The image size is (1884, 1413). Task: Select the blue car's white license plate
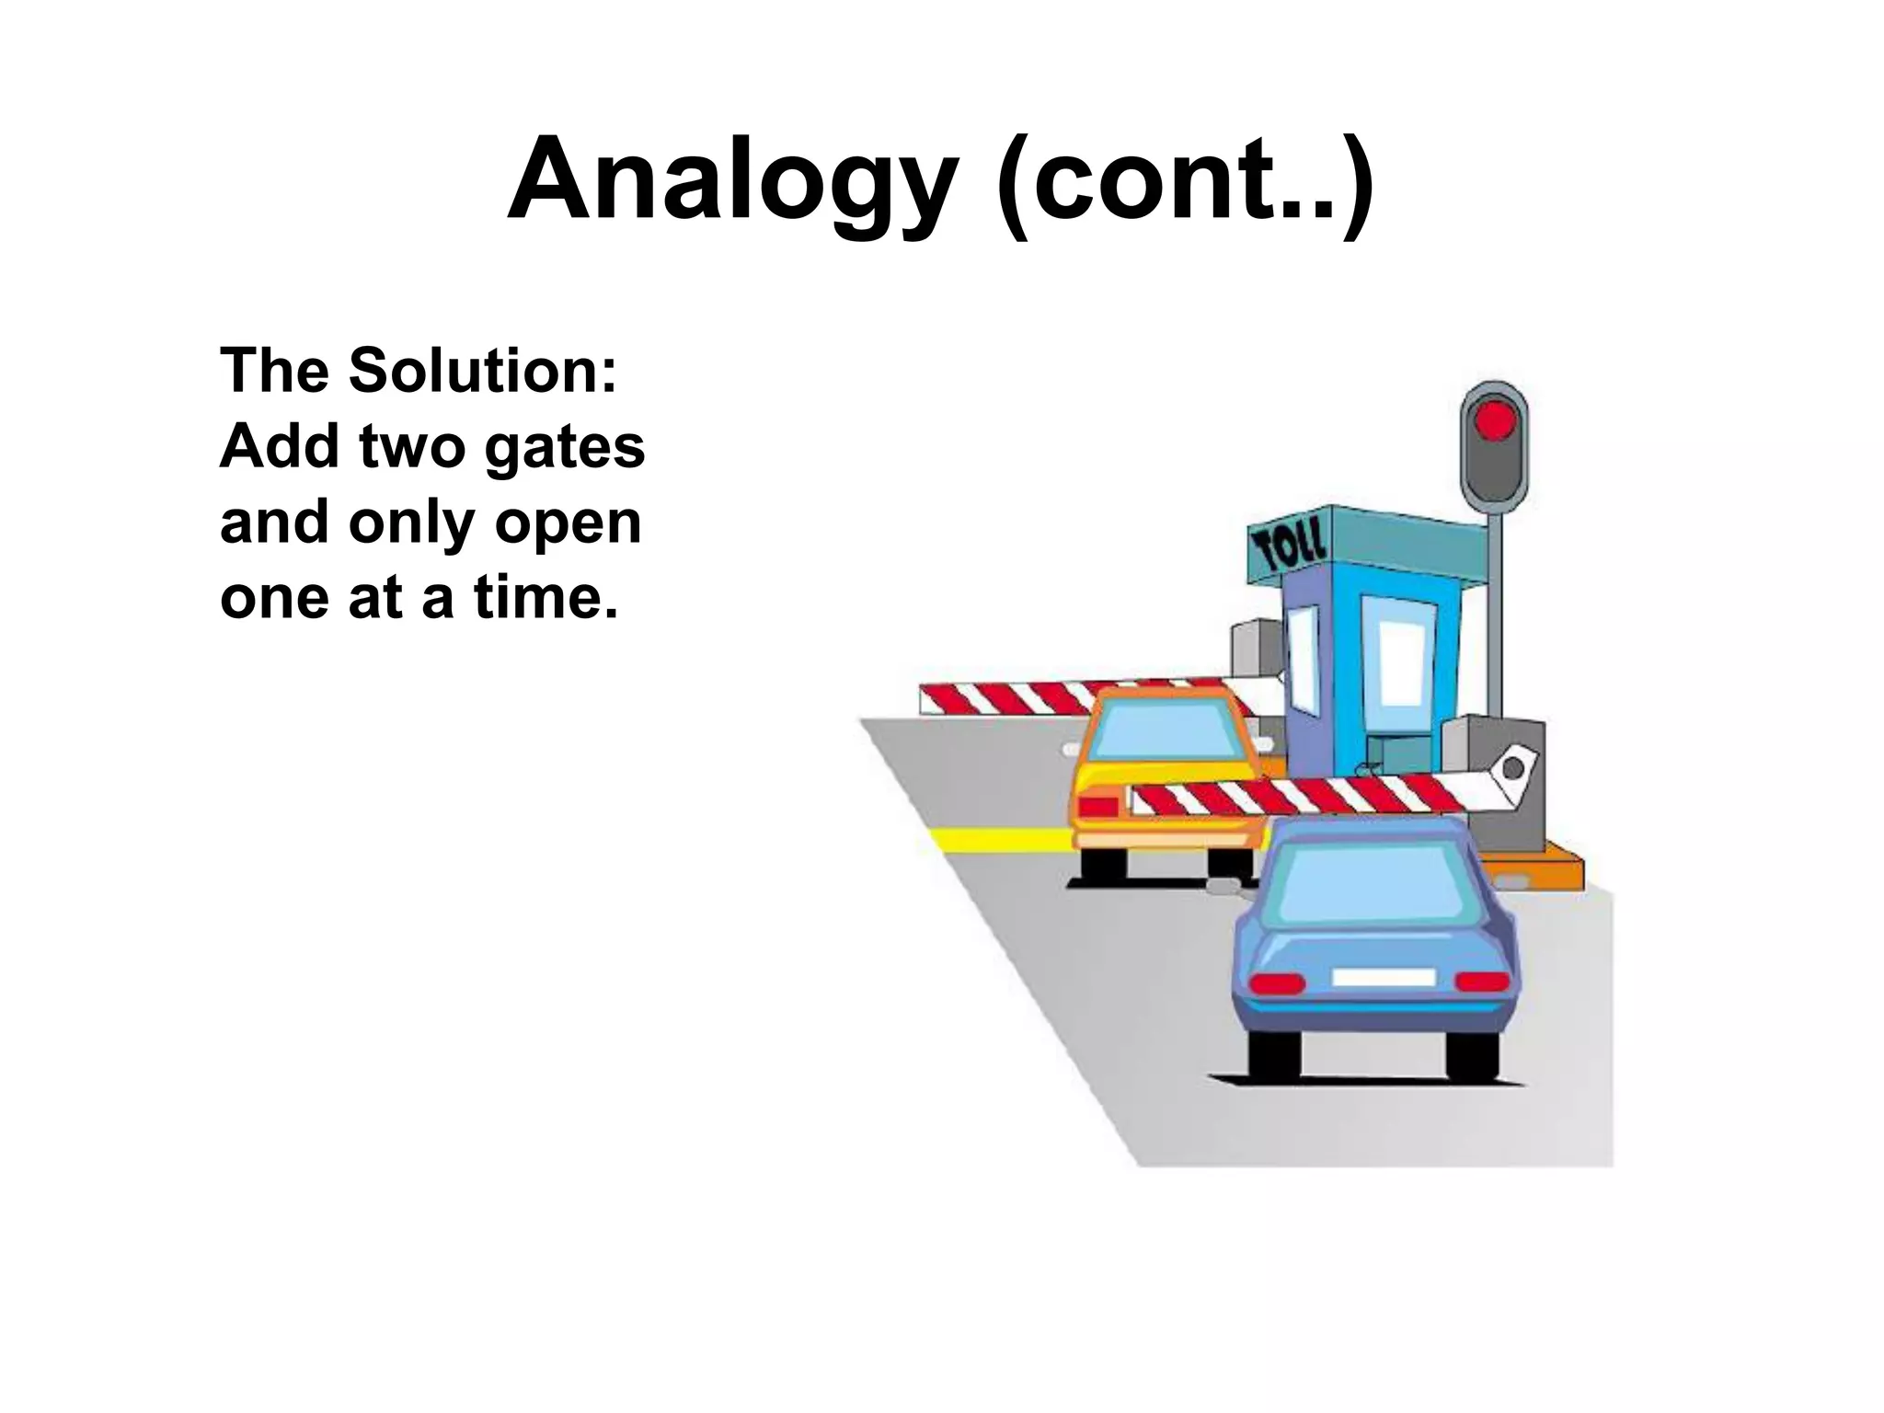pos(1384,977)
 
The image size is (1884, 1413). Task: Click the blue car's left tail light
pos(1277,982)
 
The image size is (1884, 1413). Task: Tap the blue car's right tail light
pos(1483,981)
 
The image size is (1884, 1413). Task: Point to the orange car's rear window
pos(1166,731)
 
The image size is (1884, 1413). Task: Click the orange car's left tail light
pos(1097,807)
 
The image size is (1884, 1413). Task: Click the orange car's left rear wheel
pos(1103,864)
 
